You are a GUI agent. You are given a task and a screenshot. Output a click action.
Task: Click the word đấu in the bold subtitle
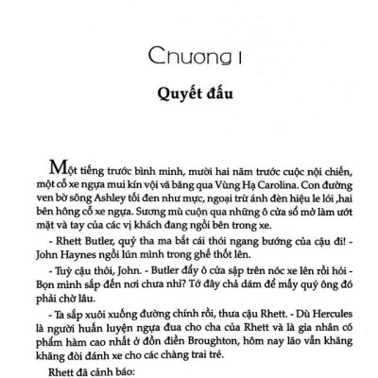[x=215, y=95]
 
